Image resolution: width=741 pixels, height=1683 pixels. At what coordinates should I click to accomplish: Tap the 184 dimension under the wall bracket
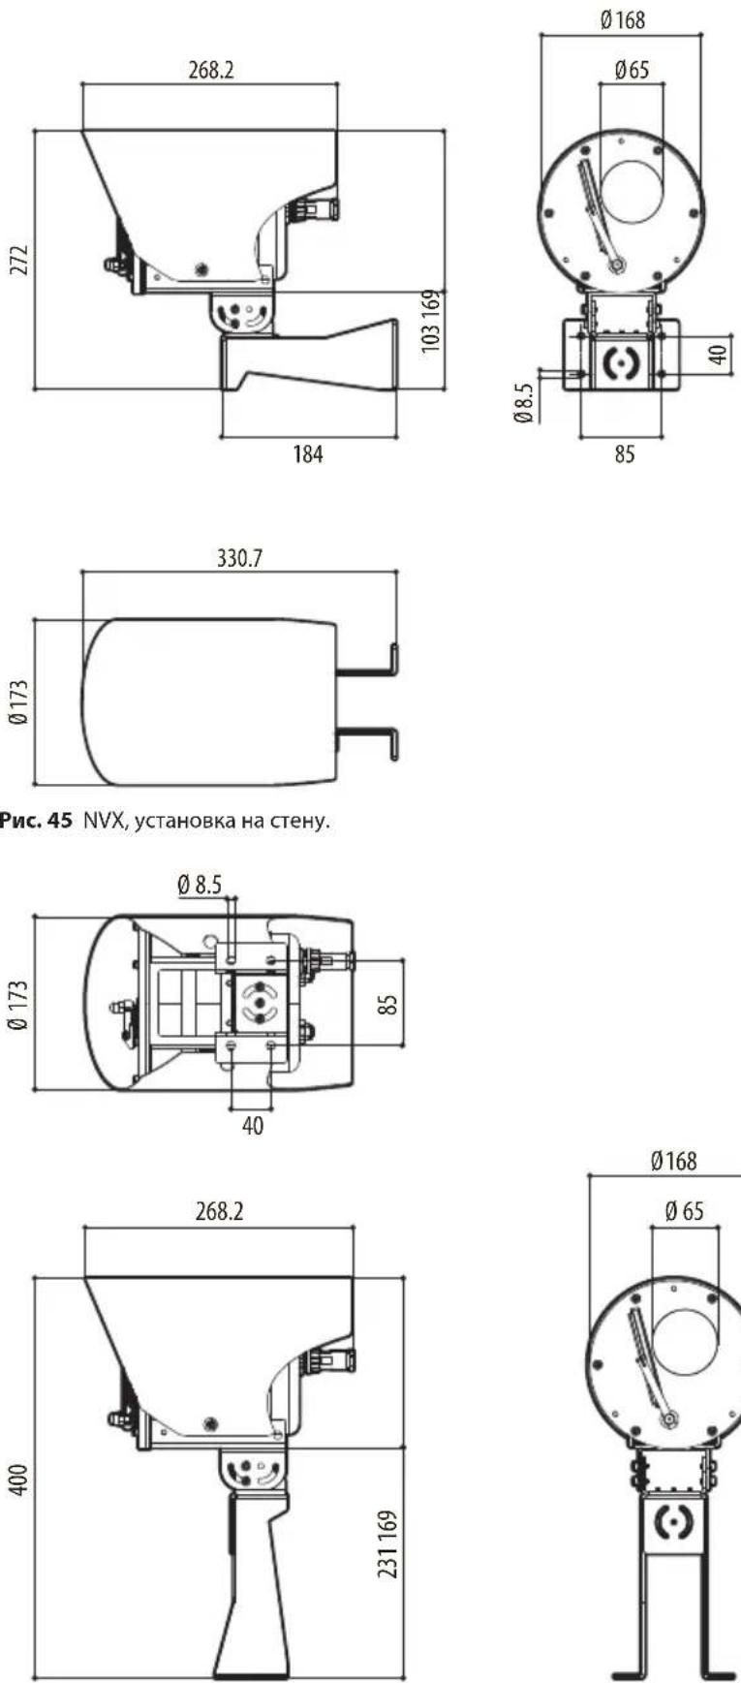coord(308,453)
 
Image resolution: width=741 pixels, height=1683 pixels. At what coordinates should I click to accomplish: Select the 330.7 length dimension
coord(239,558)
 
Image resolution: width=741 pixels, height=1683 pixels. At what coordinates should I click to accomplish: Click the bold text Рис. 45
coord(36,822)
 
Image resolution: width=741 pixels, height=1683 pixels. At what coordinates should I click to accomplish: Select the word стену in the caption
coord(304,823)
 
